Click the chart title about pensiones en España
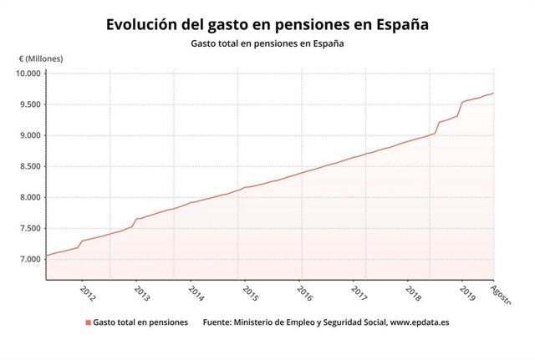pyautogui.click(x=267, y=25)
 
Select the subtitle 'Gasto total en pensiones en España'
pyautogui.click(x=267, y=43)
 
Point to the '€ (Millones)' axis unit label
pyautogui.click(x=41, y=59)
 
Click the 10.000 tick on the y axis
pyautogui.click(x=28, y=74)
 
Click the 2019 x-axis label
pyautogui.click(x=467, y=292)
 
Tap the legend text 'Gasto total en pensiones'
pyautogui.click(x=140, y=322)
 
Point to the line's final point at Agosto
pyautogui.click(x=493, y=94)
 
